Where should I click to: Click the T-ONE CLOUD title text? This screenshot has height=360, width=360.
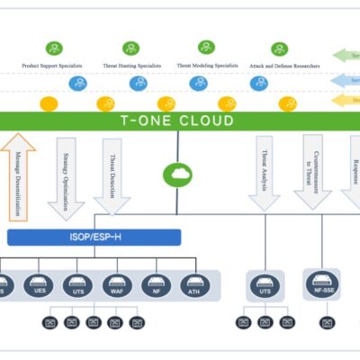[x=177, y=121]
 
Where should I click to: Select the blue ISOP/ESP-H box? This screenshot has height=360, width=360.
[x=94, y=238]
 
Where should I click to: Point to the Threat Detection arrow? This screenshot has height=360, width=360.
[x=112, y=175]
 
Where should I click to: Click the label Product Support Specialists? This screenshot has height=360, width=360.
[x=56, y=66]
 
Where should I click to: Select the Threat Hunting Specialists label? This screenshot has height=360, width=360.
[x=131, y=66]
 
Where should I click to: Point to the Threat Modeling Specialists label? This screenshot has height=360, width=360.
[x=207, y=66]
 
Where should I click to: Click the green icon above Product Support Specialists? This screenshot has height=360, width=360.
[x=56, y=48]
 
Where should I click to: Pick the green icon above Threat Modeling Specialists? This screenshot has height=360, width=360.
[x=207, y=47]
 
